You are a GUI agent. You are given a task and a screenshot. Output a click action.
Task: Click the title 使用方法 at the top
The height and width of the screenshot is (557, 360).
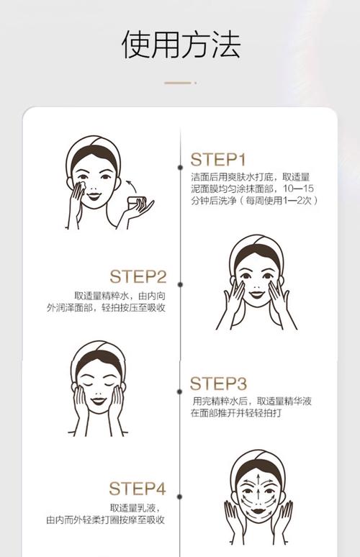[x=180, y=45]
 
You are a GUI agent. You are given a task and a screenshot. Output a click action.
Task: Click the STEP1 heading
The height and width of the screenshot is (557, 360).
[x=218, y=160]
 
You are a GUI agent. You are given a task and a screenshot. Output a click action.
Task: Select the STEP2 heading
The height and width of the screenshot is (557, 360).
[x=138, y=276]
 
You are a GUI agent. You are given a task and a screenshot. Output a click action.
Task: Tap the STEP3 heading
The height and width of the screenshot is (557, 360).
[x=218, y=383]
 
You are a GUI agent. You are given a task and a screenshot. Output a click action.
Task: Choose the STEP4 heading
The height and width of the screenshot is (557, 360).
[x=138, y=489]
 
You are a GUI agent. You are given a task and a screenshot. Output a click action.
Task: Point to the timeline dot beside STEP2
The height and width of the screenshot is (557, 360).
[x=180, y=285]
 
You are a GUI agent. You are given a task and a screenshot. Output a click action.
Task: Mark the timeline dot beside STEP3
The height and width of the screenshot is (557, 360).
[x=180, y=391]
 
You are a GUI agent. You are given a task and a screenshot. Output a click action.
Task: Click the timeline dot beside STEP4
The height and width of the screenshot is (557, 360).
[x=180, y=497]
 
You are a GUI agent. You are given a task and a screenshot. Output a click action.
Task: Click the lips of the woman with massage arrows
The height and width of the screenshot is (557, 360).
[x=258, y=513]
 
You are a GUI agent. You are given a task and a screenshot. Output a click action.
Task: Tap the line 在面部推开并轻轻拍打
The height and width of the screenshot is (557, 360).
[x=237, y=414]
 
